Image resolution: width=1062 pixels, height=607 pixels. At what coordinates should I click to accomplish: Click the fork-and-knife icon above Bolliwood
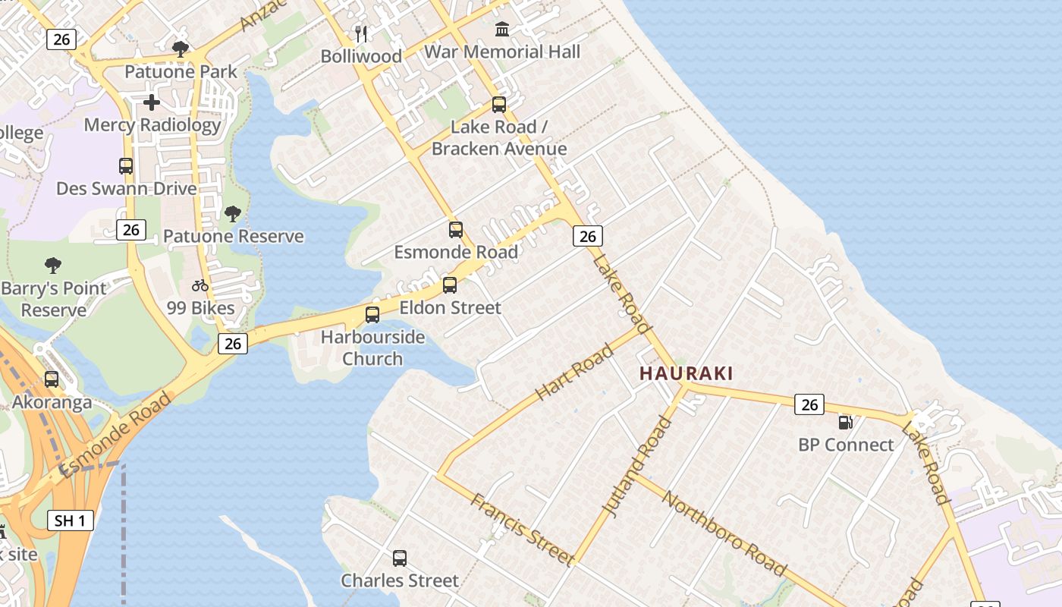[361, 33]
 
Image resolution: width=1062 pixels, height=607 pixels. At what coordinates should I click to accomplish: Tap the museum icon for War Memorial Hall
[502, 30]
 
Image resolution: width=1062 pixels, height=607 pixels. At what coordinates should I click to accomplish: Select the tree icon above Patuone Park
[181, 49]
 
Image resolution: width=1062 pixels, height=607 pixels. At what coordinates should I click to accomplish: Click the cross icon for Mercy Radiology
[152, 102]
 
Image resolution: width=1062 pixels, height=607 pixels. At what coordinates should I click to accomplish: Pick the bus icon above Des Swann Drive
[126, 165]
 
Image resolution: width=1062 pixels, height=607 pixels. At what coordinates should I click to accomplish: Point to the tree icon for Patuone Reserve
[233, 213]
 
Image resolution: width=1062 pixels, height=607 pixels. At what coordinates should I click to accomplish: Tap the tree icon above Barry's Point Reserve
[53, 265]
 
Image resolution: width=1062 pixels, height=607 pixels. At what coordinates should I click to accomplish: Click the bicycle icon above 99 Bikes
[200, 285]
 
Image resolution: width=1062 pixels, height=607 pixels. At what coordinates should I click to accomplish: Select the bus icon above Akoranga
[52, 379]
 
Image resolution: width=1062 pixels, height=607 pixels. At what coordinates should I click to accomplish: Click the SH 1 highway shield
[71, 521]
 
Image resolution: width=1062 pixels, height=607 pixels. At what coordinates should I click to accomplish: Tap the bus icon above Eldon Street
[450, 285]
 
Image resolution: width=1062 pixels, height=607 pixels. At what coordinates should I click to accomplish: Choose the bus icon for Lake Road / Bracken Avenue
[499, 105]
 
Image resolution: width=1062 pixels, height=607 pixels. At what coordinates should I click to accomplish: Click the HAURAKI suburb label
[686, 373]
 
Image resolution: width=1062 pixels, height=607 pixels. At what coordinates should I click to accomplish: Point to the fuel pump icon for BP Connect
[846, 422]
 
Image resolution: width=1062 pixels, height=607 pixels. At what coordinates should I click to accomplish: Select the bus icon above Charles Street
[400, 558]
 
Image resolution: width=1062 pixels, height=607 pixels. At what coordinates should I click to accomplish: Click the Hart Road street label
[574, 373]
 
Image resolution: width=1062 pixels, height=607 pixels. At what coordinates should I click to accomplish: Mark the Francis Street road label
[522, 529]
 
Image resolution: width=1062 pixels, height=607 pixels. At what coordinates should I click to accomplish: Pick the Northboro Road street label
[724, 532]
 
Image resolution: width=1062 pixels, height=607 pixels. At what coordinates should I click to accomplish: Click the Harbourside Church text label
[372, 348]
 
